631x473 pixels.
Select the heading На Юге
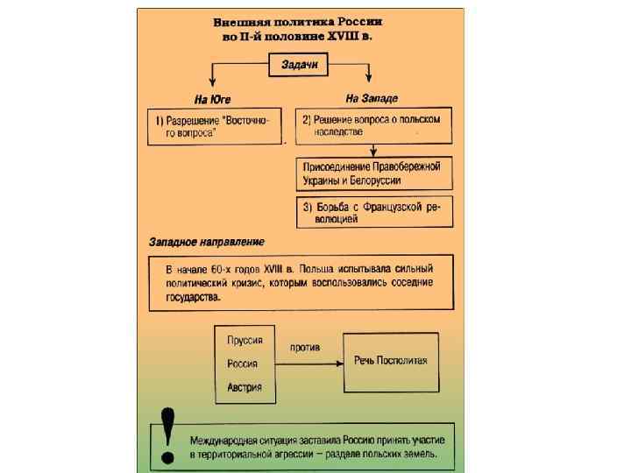click(212, 99)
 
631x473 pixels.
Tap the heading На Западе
click(372, 99)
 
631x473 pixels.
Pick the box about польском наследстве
click(373, 126)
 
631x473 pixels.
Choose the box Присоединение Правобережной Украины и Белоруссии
click(373, 173)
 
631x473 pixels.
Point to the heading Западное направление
click(207, 242)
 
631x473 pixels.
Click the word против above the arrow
click(305, 347)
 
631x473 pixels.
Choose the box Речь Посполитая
click(391, 361)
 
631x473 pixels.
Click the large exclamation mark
click(167, 435)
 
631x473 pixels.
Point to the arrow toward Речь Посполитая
click(307, 361)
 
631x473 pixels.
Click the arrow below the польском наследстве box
click(373, 150)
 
